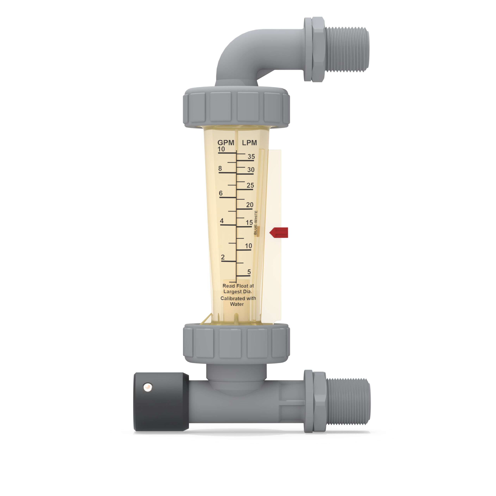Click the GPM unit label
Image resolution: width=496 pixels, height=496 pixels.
226,143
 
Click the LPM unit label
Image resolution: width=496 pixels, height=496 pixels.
249,143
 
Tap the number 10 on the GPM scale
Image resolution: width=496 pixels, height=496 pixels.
221,149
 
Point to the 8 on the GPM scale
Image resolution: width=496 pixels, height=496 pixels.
220,168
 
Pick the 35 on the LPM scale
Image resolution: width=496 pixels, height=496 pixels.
251,156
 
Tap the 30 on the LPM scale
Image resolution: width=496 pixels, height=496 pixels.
251,170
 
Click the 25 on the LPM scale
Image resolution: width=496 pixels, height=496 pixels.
250,185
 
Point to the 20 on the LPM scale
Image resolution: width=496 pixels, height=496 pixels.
250,205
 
